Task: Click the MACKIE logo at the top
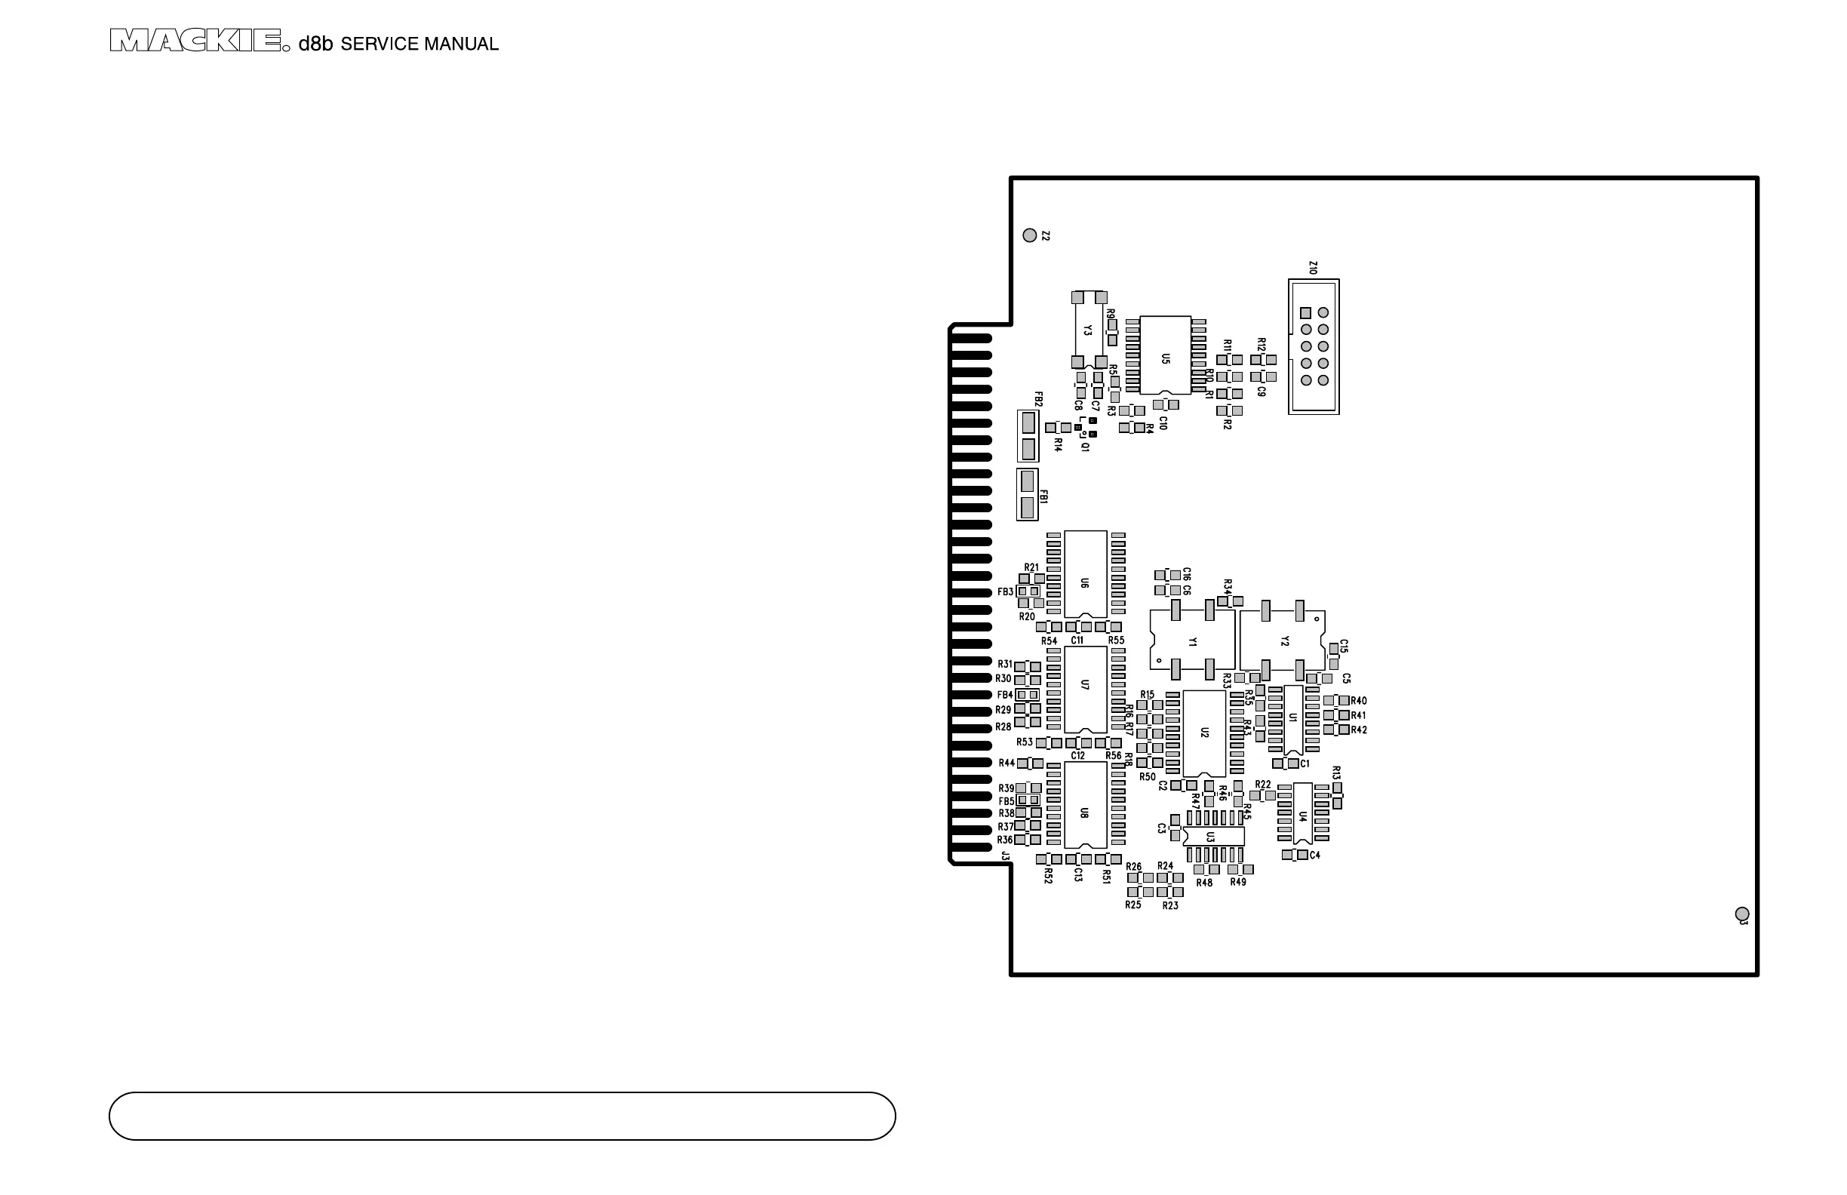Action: (195, 40)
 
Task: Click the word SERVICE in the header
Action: (380, 45)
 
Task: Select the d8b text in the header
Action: (315, 44)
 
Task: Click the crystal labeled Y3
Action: (1089, 330)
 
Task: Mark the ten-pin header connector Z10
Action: (1313, 347)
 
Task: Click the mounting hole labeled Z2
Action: (1030, 235)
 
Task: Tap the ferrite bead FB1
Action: (1028, 494)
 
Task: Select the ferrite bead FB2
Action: (1028, 436)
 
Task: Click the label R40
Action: (1358, 701)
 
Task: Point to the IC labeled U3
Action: (1213, 837)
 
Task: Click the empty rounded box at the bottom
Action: (502, 1116)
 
